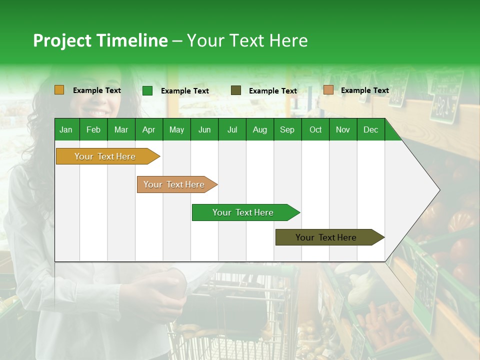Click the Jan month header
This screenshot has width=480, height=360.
click(66, 129)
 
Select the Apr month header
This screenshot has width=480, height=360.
click(148, 129)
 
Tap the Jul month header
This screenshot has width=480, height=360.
click(232, 129)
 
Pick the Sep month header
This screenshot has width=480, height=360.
click(287, 129)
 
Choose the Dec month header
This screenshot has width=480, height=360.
click(370, 129)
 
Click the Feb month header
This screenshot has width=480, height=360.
click(93, 129)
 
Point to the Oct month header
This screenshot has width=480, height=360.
click(315, 129)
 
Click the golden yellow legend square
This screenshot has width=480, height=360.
click(59, 90)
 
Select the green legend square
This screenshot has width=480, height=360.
click(147, 90)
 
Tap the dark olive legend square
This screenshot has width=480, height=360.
click(236, 90)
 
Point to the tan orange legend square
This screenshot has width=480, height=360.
click(328, 90)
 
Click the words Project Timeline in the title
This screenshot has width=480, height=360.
click(100, 40)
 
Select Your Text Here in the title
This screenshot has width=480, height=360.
click(247, 40)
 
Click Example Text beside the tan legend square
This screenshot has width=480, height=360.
click(364, 90)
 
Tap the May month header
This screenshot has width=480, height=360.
click(176, 129)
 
